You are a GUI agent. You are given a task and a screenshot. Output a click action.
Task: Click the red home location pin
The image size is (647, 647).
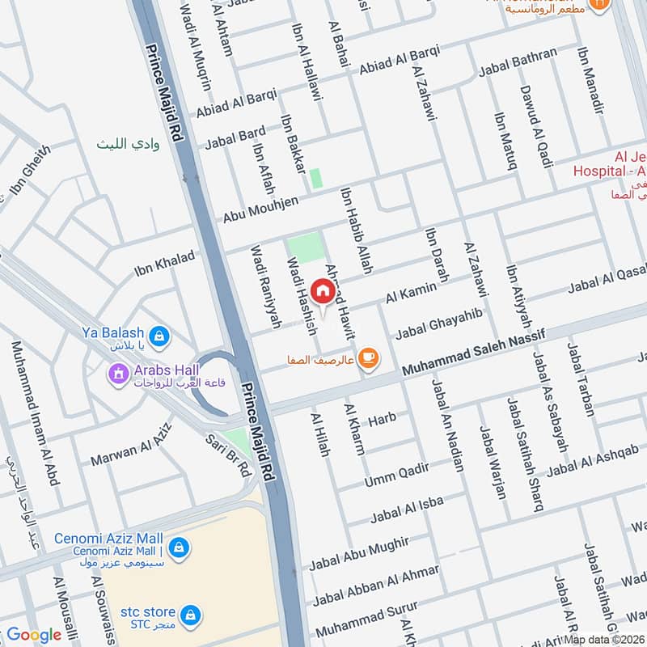tap(322, 291)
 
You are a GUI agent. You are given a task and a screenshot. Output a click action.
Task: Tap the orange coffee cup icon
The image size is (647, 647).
tap(368, 357)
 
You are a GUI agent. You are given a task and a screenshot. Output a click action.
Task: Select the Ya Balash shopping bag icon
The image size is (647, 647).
tap(160, 333)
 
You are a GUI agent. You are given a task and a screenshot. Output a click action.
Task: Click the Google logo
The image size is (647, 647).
tap(34, 635)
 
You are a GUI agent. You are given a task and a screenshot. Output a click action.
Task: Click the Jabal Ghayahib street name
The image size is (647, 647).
tap(439, 323)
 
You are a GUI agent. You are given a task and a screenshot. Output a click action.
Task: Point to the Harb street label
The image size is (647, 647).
tap(383, 421)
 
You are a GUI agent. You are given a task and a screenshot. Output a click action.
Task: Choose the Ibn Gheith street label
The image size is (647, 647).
tap(30, 171)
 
